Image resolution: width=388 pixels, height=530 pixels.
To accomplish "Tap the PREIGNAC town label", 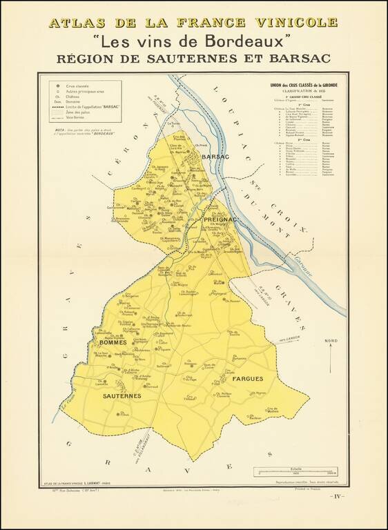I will pos(221,219).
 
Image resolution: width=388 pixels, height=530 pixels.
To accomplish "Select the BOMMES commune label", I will pos(113,343).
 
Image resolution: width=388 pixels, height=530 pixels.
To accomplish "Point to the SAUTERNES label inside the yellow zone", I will pos(122,395).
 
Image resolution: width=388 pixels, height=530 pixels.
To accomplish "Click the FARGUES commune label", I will pos(247,380).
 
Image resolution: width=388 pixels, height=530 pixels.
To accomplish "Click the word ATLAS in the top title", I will pos(75,22).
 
